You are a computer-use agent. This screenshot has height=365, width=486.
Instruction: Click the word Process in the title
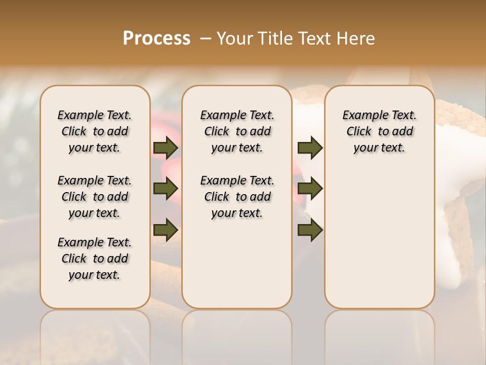pos(156,38)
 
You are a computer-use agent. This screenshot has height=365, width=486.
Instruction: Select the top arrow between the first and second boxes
pos(166,148)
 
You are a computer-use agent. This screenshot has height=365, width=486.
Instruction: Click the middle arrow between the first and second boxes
pos(166,189)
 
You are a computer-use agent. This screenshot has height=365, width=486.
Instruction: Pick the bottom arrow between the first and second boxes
pos(166,229)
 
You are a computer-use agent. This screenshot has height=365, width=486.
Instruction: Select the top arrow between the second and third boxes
pos(310,148)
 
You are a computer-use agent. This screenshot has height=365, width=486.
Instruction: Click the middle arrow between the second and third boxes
pos(310,189)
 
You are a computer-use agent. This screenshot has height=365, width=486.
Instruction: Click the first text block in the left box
pos(95,131)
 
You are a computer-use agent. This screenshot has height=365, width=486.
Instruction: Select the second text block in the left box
pos(95,197)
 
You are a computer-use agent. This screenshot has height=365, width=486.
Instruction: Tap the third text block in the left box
pos(95,259)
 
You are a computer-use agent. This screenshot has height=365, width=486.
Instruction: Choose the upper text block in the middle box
pos(237,131)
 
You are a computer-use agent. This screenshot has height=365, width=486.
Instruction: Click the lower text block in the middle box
pos(237,197)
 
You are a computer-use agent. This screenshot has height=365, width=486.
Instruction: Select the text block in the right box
pos(379,131)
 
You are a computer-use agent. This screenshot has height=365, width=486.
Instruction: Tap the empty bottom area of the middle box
pos(237,269)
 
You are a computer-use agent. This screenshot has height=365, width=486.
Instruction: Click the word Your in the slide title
pos(233,38)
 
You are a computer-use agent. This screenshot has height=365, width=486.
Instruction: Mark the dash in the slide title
pos(206,38)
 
